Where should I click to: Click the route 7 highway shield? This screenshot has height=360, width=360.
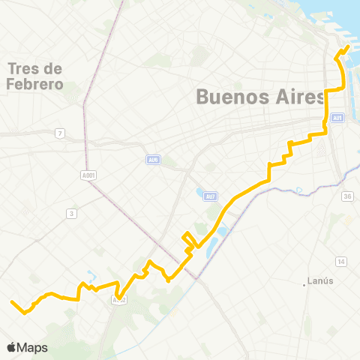click(x=59, y=133)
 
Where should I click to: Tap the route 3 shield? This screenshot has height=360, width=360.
click(x=71, y=214)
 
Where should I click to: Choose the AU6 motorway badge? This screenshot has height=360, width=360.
click(x=153, y=160)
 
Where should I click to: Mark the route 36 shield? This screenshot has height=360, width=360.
click(x=346, y=196)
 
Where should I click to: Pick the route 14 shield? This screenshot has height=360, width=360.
click(x=341, y=261)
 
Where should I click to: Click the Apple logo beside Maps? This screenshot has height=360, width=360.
click(x=11, y=347)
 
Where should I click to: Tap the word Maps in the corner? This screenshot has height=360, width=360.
click(x=33, y=347)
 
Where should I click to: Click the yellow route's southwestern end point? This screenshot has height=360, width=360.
click(x=12, y=302)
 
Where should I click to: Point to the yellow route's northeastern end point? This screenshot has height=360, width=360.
click(x=349, y=49)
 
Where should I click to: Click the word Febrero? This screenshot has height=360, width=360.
click(x=34, y=84)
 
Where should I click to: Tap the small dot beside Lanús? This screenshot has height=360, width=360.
click(x=307, y=283)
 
